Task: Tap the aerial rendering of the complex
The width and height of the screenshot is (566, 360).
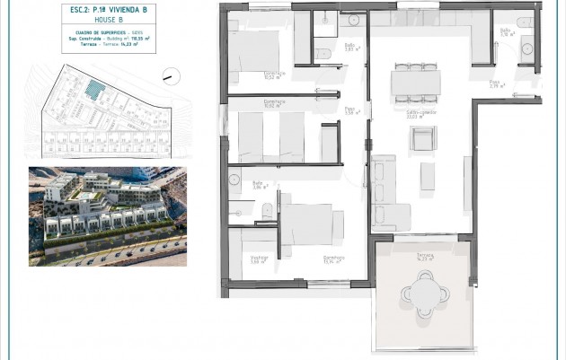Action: pyautogui.click(x=108, y=215)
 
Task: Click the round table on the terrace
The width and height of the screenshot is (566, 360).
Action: pyautogui.click(x=421, y=294)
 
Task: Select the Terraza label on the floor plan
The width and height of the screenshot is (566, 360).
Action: pyautogui.click(x=425, y=257)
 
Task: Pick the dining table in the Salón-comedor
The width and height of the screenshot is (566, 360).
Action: pyautogui.click(x=415, y=82)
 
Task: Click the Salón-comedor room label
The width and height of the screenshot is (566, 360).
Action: pyautogui.click(x=415, y=115)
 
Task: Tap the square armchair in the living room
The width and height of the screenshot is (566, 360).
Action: pyautogui.click(x=421, y=139)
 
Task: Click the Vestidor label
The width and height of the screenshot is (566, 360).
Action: pyautogui.click(x=259, y=260)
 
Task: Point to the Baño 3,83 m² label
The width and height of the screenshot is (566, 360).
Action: pyautogui.click(x=351, y=48)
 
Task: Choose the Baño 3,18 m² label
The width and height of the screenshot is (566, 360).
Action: pyautogui.click(x=506, y=32)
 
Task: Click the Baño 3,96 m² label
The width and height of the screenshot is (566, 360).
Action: pyautogui.click(x=259, y=186)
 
